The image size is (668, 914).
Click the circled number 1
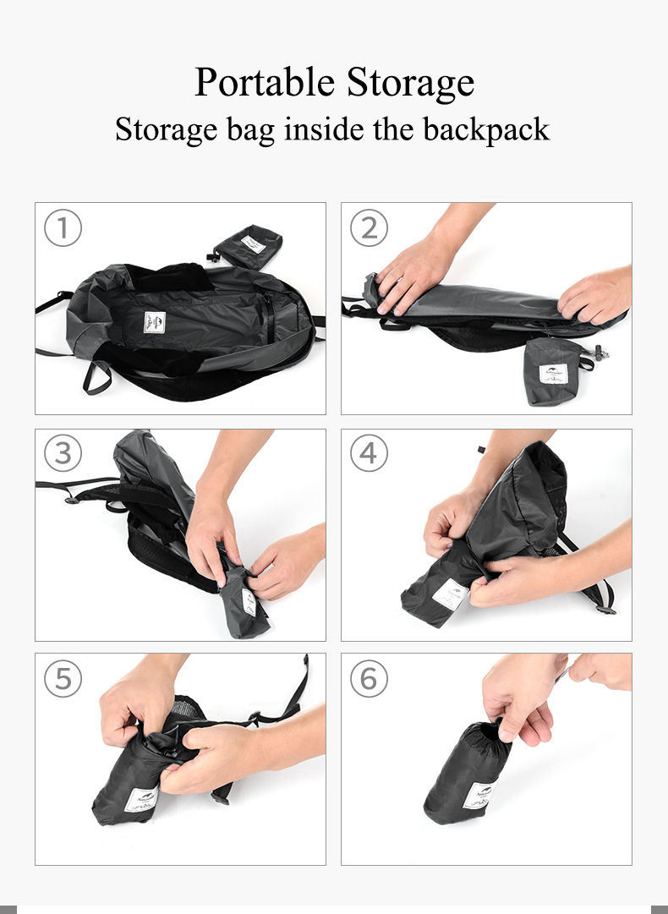[63, 228]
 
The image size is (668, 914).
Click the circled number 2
[369, 228]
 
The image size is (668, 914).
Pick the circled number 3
[63, 454]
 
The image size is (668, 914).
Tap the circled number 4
[369, 454]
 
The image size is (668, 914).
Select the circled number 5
[63, 678]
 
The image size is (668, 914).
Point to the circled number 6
[369, 678]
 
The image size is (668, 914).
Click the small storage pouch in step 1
[248, 246]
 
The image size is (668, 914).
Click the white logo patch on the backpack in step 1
[153, 322]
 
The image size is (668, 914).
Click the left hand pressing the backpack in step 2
[412, 273]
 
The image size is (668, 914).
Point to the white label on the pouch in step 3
[249, 602]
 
